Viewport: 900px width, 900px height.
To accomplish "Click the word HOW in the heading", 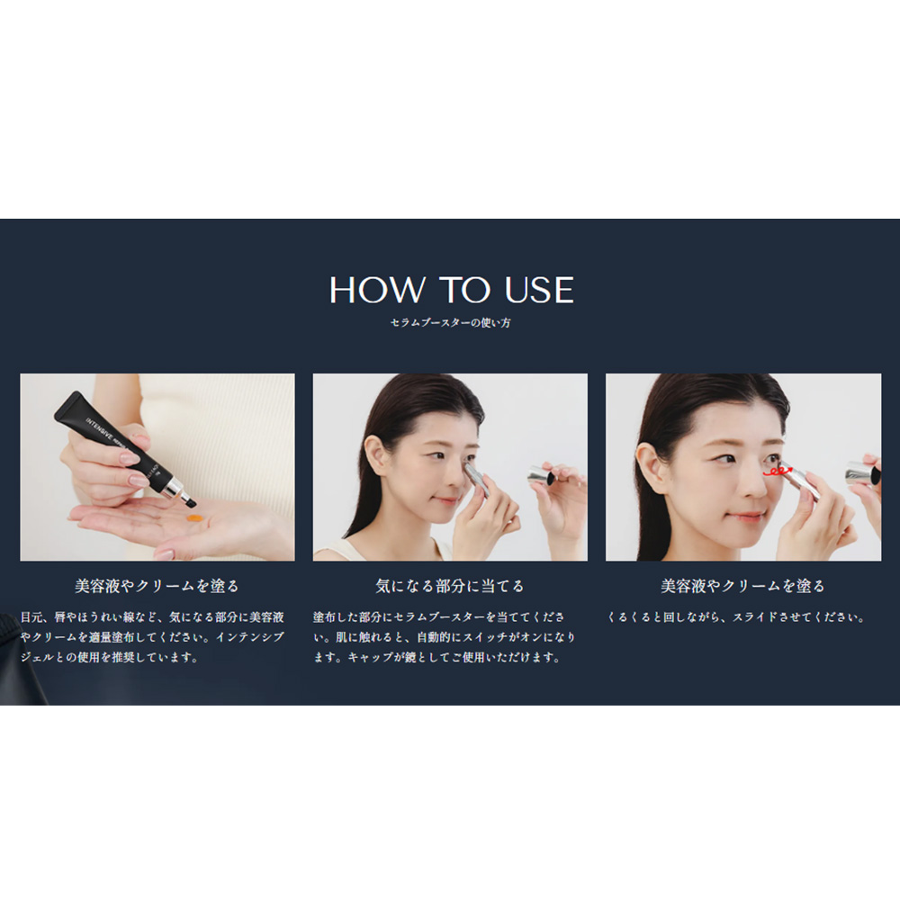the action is coord(376,290).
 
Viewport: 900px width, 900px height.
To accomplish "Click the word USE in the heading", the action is coord(539,290).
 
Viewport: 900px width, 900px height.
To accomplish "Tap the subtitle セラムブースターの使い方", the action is coord(451,322).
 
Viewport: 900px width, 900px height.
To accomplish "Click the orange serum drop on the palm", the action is coord(194,518).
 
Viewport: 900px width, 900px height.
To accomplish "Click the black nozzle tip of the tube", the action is coord(190,503).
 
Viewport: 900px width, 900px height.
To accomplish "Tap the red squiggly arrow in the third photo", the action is coord(778,472).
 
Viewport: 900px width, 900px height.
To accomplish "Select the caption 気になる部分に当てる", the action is coord(450,586).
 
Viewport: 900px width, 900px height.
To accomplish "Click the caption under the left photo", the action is coord(157,586).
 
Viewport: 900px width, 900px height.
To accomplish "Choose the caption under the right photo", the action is coord(742,586).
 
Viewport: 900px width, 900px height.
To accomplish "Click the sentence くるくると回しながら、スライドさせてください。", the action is coord(736,617).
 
